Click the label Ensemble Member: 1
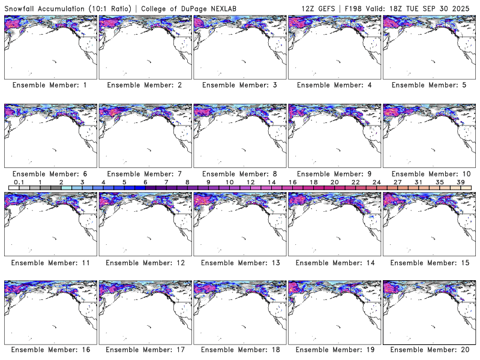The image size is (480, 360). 50,85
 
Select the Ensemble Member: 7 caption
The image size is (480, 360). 144,173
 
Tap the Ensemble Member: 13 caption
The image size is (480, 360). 239,262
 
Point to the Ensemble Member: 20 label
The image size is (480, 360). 428,350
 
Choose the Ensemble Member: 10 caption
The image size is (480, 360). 428,173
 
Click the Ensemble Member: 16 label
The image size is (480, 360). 50,350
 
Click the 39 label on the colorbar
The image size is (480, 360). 460,182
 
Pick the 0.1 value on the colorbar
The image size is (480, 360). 19,182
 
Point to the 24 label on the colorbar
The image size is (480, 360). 376,182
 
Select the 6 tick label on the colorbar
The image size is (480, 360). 145,182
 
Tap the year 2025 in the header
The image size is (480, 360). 464,7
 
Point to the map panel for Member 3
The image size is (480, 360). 239,47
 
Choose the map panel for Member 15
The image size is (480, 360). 428,224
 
